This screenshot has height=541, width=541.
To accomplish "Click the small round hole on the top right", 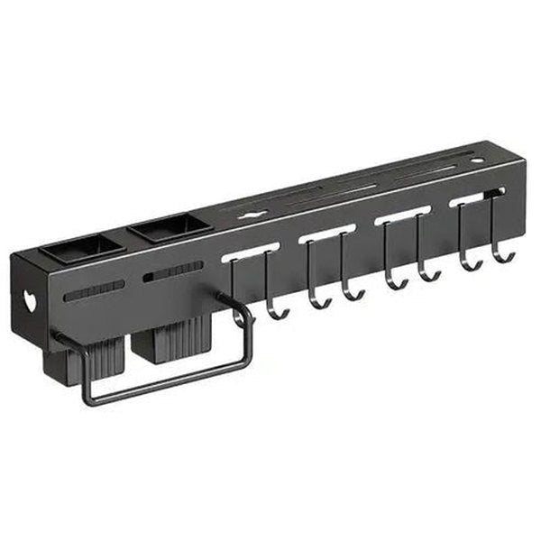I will [477, 160].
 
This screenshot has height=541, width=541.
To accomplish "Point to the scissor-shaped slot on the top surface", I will [251, 214].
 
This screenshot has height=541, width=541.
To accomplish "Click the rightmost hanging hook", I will [501, 255].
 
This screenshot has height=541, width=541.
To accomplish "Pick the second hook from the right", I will [468, 262].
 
